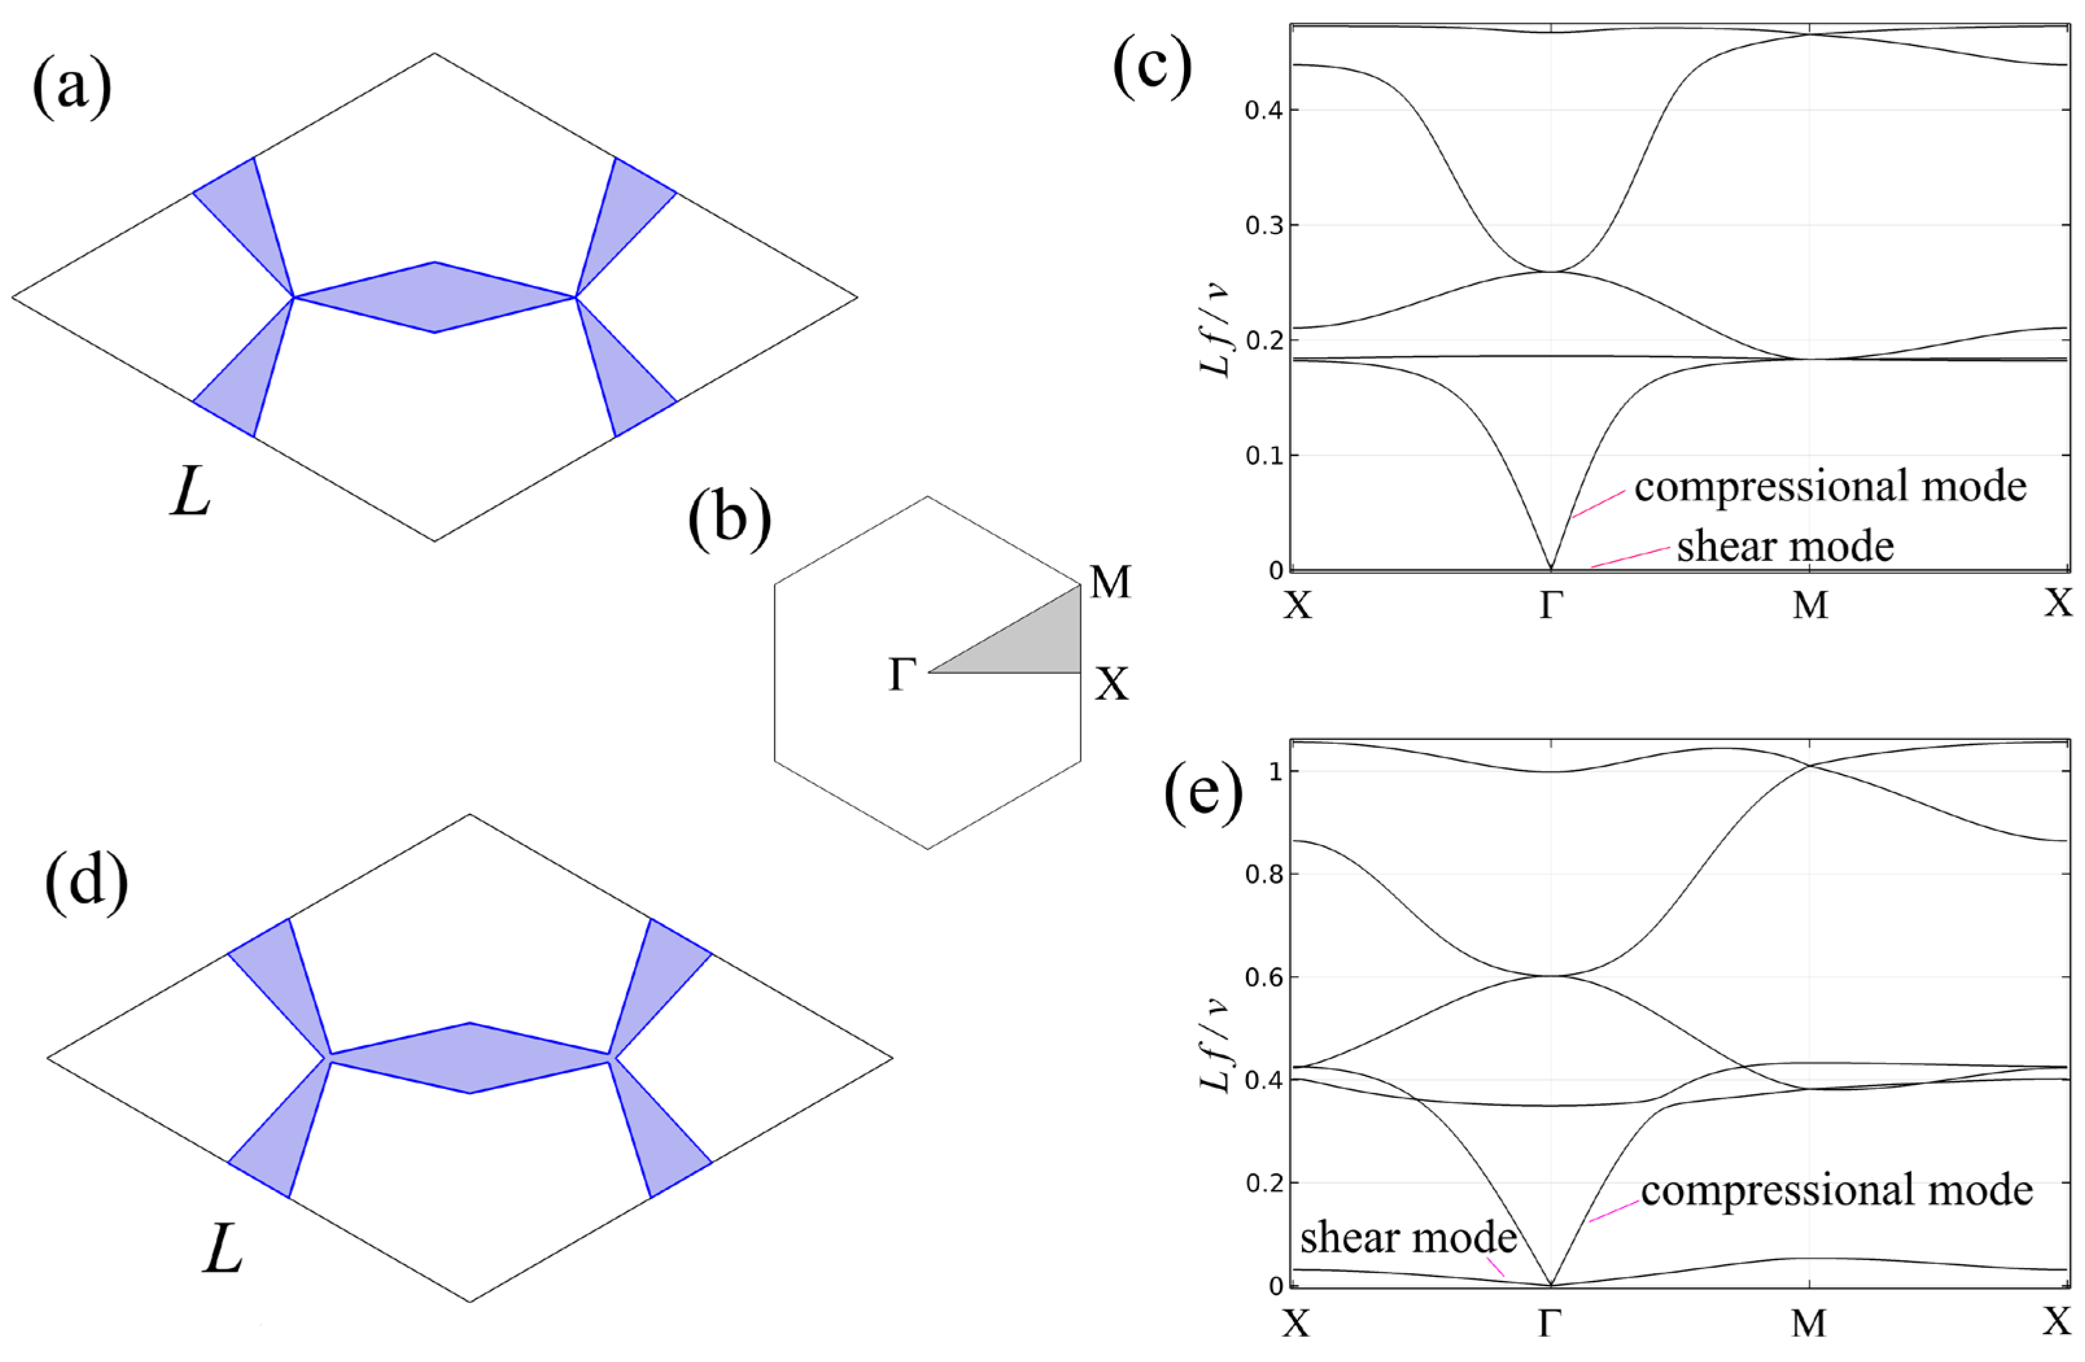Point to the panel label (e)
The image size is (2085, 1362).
tap(1203, 797)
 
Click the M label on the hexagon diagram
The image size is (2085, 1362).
tap(1110, 582)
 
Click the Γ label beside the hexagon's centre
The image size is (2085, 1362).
tap(902, 676)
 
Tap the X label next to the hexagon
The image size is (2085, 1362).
tap(1112, 684)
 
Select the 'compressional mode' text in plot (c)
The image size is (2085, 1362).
tap(1830, 486)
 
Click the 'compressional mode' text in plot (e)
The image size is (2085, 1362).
tap(1836, 1190)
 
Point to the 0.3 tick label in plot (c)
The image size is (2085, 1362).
tap(1262, 225)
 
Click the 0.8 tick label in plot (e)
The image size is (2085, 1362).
tap(1262, 874)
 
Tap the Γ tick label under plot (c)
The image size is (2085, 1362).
tap(1550, 605)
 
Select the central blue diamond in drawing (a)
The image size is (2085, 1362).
tap(435, 297)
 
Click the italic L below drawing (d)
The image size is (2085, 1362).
tap(223, 1252)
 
